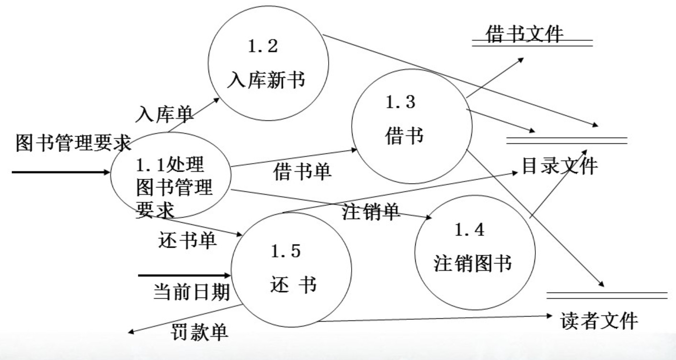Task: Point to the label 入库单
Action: pyautogui.click(x=165, y=115)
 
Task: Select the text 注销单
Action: pyautogui.click(x=371, y=212)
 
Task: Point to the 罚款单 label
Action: pyautogui.click(x=199, y=331)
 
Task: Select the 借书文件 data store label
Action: pyautogui.click(x=525, y=35)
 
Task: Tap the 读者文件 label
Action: pyautogui.click(x=598, y=321)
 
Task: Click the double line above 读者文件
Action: pyautogui.click(x=607, y=295)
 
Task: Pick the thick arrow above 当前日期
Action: pyautogui.click(x=184, y=275)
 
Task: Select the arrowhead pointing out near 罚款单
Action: pyautogui.click(x=132, y=334)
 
